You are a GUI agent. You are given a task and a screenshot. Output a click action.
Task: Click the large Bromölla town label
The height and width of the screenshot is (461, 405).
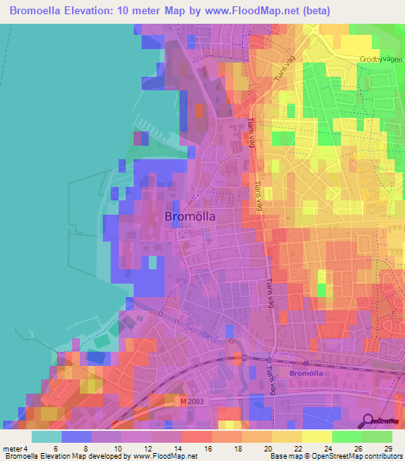(x=190, y=215)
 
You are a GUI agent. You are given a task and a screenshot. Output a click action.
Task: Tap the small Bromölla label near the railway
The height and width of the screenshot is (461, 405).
(x=306, y=371)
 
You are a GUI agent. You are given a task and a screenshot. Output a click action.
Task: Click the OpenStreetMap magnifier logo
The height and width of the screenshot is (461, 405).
(x=368, y=421)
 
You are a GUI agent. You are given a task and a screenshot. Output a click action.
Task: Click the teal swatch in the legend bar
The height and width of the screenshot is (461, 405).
(x=47, y=436)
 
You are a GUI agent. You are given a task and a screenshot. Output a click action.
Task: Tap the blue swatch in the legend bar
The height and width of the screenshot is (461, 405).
(x=77, y=436)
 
